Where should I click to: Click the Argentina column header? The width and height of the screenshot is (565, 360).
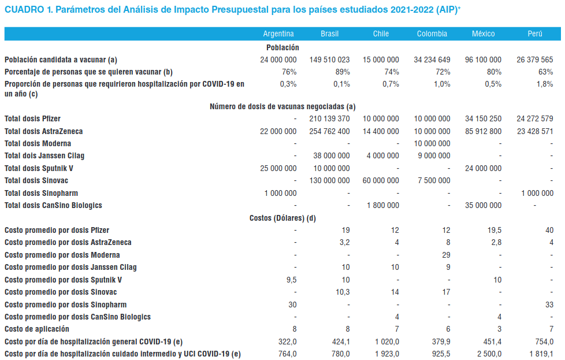278,34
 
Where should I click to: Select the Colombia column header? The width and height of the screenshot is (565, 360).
432,34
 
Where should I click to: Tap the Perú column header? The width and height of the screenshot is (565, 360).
534,34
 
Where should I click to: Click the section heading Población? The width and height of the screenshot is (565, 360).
282,47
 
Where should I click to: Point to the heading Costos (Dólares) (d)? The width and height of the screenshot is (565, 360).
282,218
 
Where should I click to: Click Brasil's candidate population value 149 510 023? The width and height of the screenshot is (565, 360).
329,60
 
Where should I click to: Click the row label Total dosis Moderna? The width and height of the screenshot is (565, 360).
38,143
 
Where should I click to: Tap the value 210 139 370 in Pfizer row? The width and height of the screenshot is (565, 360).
329,118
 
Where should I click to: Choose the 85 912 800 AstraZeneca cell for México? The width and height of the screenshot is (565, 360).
483,131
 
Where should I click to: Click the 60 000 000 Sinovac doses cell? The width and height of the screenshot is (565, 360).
381,180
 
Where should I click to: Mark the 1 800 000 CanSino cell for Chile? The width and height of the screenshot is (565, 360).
383,205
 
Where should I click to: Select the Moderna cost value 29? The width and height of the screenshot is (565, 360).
445,255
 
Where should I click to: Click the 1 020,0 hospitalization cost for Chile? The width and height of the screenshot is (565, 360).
385,342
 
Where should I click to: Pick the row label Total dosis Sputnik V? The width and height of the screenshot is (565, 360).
39,168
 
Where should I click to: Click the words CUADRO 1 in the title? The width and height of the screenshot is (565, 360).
27,10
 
